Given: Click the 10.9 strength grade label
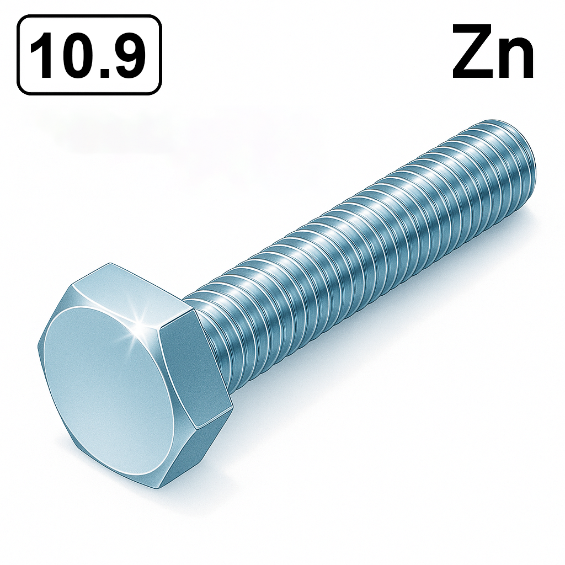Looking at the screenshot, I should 89,55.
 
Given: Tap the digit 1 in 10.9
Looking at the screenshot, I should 43,55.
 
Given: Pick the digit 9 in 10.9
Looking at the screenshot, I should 127,55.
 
